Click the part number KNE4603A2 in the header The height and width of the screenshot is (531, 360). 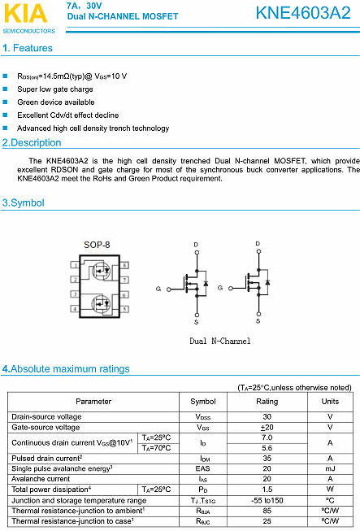[302, 13]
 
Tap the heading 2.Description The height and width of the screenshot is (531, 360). [32, 143]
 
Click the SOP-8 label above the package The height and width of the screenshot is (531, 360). [97, 245]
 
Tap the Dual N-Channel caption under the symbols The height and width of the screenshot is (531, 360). [219, 342]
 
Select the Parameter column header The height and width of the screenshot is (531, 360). [93, 402]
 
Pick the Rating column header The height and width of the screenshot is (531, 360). [267, 402]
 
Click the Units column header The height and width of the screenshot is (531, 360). [330, 402]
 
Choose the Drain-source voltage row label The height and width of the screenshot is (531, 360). [46, 416]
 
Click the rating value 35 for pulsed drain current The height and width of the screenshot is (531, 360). [267, 459]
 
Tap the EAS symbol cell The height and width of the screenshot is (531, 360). [202, 468]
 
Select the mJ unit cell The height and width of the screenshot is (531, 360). [330, 468]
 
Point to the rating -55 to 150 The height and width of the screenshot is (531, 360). [267, 500]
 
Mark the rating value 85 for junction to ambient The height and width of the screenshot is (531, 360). [267, 510]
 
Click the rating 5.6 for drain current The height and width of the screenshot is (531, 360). [267, 448]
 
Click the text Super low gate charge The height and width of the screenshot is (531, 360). [55, 89]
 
